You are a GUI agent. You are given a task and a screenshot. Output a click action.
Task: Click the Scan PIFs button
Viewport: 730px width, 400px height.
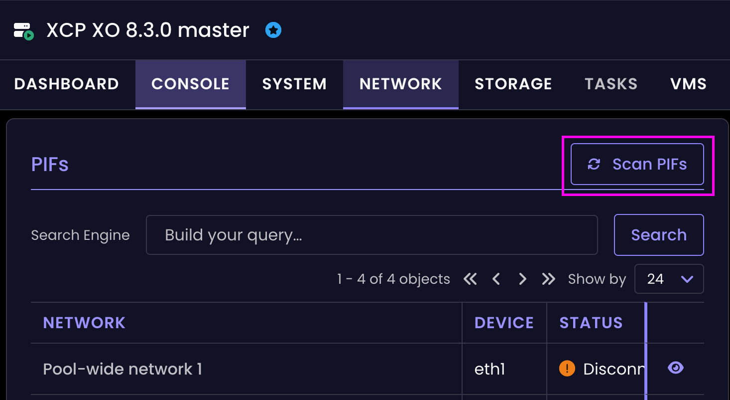tap(637, 164)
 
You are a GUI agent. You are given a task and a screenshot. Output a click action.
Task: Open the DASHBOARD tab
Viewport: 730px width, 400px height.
tap(67, 84)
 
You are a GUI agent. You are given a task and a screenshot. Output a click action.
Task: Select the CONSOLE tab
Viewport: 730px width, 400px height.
tap(191, 84)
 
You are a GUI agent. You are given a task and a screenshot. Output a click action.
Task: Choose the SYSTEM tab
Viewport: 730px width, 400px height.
tap(294, 84)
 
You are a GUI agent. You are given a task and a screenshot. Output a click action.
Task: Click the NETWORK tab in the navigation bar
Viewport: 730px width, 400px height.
tap(400, 84)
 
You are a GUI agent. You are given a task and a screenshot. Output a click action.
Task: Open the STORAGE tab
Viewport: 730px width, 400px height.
tap(513, 84)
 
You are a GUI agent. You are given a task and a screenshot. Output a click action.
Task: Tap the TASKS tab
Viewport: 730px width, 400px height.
tap(611, 84)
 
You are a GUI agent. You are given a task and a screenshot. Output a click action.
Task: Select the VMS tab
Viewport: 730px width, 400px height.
tap(688, 84)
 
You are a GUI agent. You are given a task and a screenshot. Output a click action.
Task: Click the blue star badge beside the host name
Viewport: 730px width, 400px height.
tap(273, 30)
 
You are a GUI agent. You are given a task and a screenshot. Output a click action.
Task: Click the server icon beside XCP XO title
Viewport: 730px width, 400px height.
tap(23, 31)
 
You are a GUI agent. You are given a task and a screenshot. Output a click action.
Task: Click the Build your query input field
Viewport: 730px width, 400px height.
tap(372, 235)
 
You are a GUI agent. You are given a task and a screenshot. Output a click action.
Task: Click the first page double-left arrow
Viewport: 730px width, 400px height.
tap(470, 279)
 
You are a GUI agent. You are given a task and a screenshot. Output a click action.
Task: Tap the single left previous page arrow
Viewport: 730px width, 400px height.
tap(496, 279)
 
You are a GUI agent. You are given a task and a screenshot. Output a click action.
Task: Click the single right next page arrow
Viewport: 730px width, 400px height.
tap(522, 279)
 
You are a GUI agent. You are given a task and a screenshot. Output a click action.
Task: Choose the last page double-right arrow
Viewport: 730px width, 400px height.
tap(548, 279)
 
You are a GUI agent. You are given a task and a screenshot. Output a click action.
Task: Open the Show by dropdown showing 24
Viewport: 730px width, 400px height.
tap(669, 279)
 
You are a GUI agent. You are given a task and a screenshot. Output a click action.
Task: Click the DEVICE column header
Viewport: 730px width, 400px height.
tap(504, 323)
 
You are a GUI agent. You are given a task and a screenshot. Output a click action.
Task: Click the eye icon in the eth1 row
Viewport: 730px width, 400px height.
tap(676, 368)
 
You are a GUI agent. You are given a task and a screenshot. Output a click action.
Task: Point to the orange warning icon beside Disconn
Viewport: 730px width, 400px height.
tap(567, 368)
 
